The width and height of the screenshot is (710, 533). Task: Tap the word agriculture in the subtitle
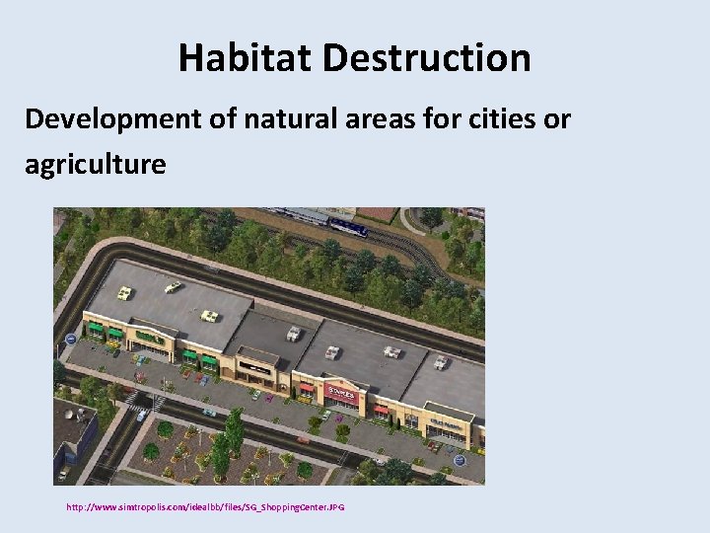pyautogui.click(x=96, y=164)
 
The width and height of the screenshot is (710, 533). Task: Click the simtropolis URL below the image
pyautogui.click(x=205, y=507)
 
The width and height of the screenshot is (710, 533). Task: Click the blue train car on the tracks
pyautogui.click(x=347, y=227)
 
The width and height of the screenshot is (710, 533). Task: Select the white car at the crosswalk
pyautogui.click(x=142, y=416)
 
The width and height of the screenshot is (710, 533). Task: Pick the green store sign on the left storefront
pyautogui.click(x=150, y=338)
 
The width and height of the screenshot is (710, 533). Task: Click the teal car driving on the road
pyautogui.click(x=208, y=412)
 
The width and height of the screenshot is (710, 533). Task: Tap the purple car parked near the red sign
pyautogui.click(x=339, y=418)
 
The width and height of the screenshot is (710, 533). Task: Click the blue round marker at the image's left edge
pyautogui.click(x=71, y=340)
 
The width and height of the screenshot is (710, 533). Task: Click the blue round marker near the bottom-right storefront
pyautogui.click(x=459, y=459)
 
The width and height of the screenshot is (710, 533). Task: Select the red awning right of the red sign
pyautogui.click(x=381, y=409)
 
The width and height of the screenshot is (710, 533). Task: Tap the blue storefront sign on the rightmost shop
pyautogui.click(x=447, y=423)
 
